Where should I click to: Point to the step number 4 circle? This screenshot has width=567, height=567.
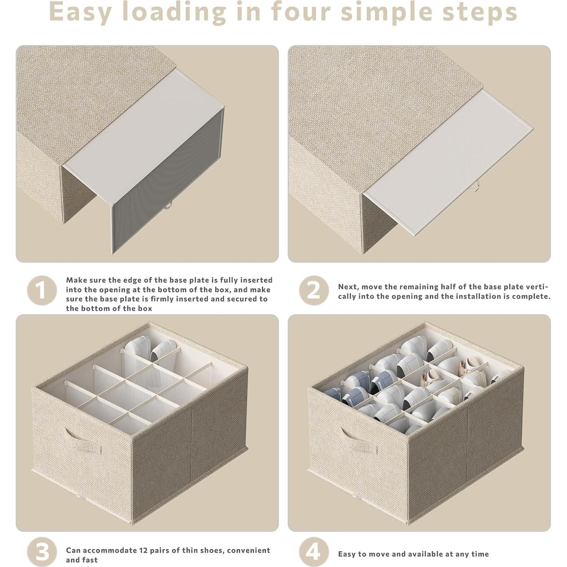(x=313, y=552)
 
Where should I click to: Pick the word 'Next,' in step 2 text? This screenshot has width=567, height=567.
(x=349, y=287)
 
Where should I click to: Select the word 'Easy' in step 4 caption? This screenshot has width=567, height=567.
(x=347, y=554)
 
